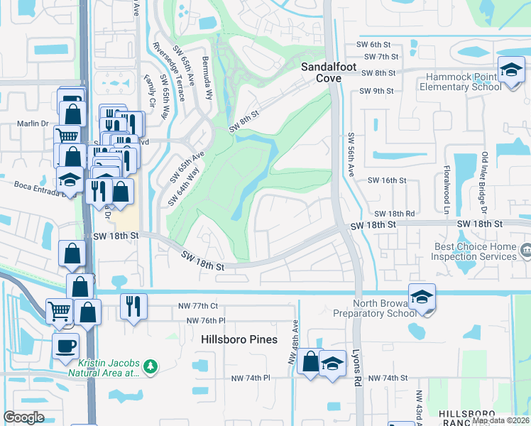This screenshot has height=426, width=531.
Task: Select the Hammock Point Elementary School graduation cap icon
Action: (510, 70)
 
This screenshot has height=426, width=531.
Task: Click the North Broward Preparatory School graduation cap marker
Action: (422, 297)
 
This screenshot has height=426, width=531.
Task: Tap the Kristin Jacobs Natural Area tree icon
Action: (150, 366)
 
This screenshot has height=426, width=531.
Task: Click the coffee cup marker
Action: (66, 346)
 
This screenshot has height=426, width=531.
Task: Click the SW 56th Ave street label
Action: (351, 153)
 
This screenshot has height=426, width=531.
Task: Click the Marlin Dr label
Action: (32, 124)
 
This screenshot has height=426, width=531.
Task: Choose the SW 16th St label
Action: (386, 180)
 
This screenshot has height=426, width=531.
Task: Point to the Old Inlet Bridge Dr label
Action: (485, 181)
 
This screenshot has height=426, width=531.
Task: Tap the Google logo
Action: (23, 417)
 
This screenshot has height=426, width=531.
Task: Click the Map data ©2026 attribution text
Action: (501, 420)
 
